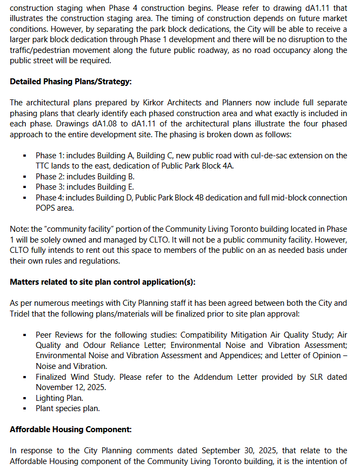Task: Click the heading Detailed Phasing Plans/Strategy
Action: (x=71, y=82)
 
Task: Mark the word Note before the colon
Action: (x=18, y=229)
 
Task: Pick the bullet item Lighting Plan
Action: (x=59, y=398)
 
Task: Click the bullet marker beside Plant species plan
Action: (x=25, y=408)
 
